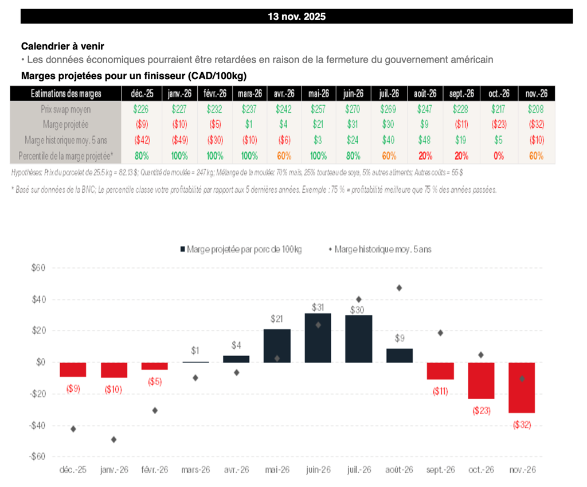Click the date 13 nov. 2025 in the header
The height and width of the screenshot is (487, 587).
pyautogui.click(x=296, y=17)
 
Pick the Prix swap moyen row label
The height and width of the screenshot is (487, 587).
pyautogui.click(x=65, y=108)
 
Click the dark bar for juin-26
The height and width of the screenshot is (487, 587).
pyautogui.click(x=318, y=338)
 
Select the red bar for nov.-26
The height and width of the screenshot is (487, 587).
pyautogui.click(x=522, y=387)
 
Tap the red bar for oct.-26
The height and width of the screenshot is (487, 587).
pyautogui.click(x=481, y=380)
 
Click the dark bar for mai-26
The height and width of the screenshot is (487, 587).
pyautogui.click(x=277, y=345)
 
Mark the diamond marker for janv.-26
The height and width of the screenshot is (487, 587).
pyautogui.click(x=114, y=439)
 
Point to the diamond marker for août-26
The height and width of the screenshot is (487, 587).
pyautogui.click(x=399, y=288)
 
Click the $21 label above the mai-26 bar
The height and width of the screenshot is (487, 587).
pyautogui.click(x=277, y=319)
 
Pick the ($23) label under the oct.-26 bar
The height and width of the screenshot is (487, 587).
pyautogui.click(x=481, y=411)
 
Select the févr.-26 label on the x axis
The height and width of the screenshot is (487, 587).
pyautogui.click(x=155, y=469)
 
